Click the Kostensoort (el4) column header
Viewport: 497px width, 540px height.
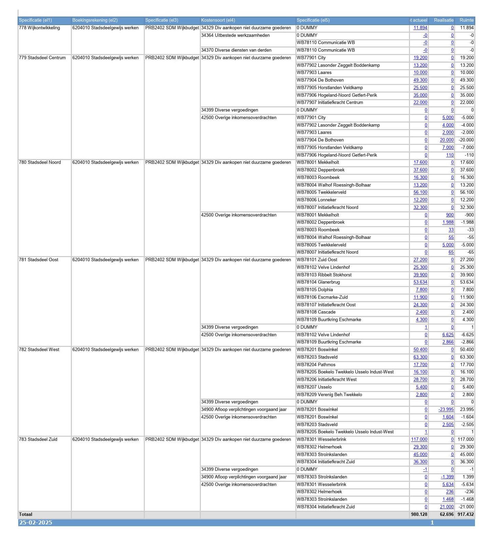218,20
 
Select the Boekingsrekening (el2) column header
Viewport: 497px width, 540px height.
95,20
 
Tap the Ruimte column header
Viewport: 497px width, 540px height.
466,20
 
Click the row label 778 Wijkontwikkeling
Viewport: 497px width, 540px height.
39,28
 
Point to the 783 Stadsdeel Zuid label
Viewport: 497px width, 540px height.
38,440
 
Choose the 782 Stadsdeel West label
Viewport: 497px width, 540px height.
39,350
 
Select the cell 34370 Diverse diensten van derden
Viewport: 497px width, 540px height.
236,50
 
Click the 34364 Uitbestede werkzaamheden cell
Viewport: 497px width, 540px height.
235,35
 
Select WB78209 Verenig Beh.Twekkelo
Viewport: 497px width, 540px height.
329,395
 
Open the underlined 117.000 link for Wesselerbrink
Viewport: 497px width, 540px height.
419,440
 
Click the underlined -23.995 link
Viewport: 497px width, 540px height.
446,410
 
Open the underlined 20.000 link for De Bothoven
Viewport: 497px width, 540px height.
447,140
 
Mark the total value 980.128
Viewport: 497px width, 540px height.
419,515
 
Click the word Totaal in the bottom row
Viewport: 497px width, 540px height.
26,515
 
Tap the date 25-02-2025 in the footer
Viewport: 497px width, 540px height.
36,523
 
